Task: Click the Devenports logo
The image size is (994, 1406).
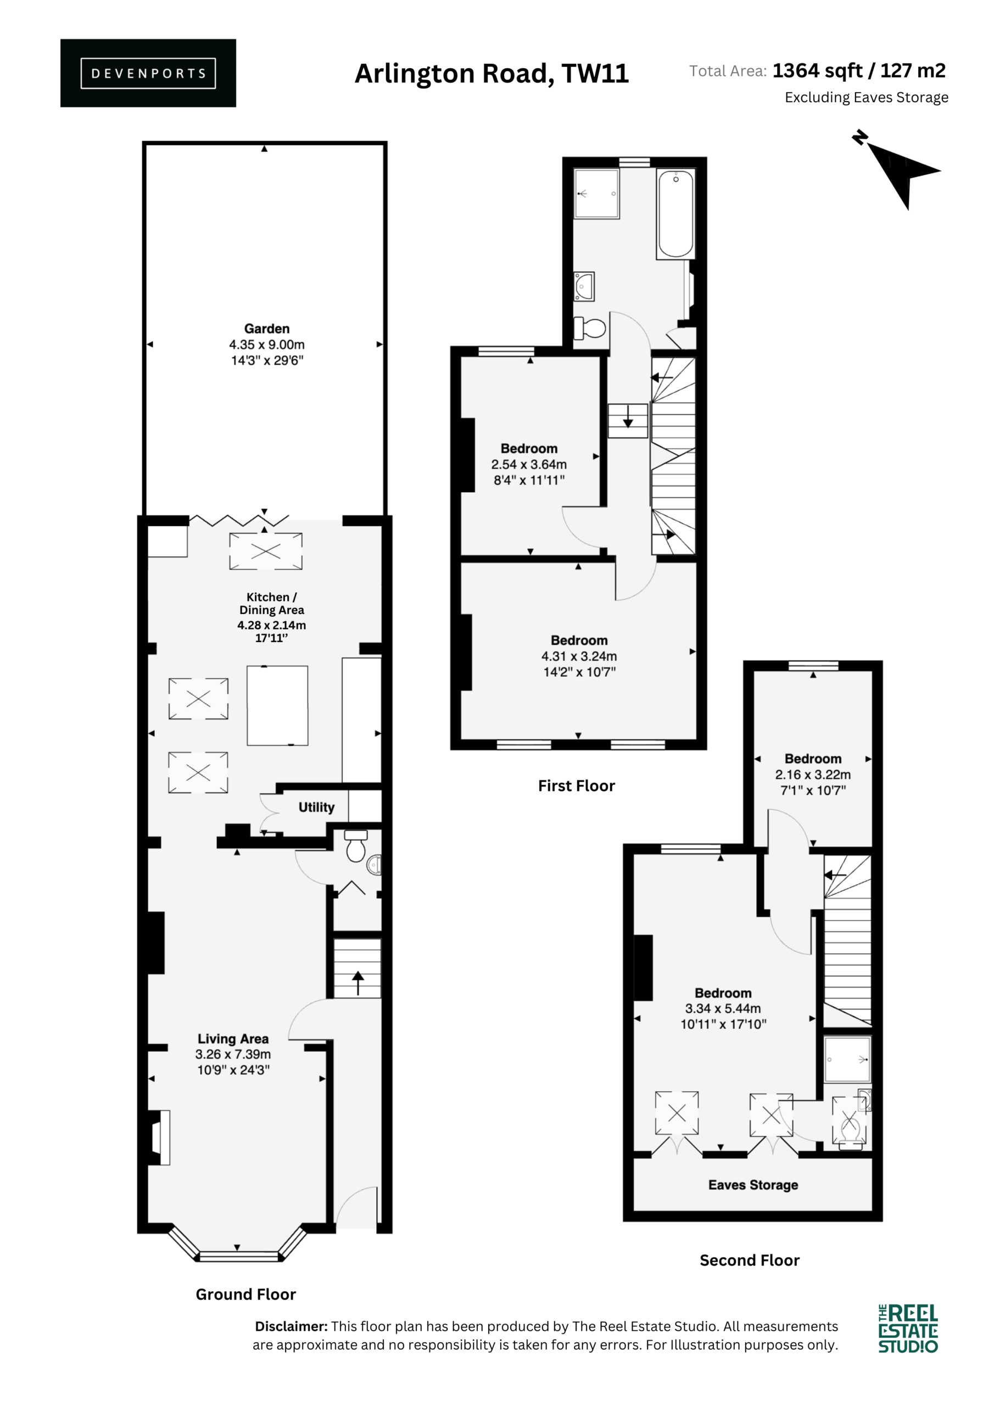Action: click(148, 73)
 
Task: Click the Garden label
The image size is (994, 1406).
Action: click(266, 329)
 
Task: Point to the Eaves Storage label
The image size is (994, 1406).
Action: click(753, 1185)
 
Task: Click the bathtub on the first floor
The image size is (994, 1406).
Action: click(675, 214)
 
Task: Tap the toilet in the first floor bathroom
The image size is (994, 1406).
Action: click(589, 328)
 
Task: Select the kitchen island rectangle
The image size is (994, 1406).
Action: click(277, 705)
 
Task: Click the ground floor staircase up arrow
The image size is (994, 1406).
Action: click(358, 983)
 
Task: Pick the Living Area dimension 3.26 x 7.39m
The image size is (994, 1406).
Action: click(233, 1054)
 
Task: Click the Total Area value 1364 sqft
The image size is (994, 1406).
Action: click(818, 71)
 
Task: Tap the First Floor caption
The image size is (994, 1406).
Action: click(576, 786)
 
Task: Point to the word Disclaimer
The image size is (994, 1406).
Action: click(292, 1326)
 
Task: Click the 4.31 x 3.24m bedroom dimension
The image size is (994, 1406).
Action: click(579, 656)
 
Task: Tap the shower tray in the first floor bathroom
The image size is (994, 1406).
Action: click(596, 193)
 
